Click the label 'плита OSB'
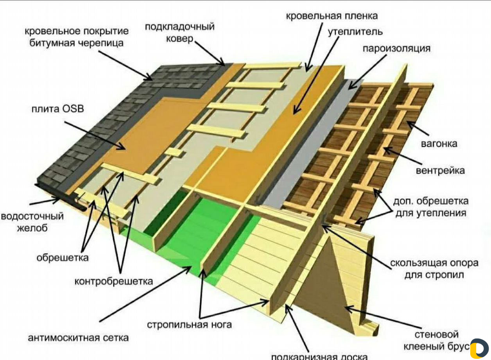pyautogui.click(x=57, y=109)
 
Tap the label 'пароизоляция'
pyautogui.click(x=396, y=49)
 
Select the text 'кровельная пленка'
pyautogui.click(x=332, y=16)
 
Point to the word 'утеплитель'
pyautogui.click(x=355, y=32)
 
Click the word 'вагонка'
pyautogui.click(x=439, y=144)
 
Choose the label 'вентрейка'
pyautogui.click(x=440, y=171)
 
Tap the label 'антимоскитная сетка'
pyautogui.click(x=78, y=338)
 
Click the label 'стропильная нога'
pyautogui.click(x=189, y=325)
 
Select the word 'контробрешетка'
pyautogui.click(x=114, y=281)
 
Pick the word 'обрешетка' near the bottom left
pyautogui.click(x=63, y=258)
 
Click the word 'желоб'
pyautogui.click(x=32, y=229)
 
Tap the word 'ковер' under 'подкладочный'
pyautogui.click(x=179, y=39)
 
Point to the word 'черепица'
pyautogui.click(x=101, y=43)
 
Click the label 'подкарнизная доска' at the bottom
pyautogui.click(x=319, y=356)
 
